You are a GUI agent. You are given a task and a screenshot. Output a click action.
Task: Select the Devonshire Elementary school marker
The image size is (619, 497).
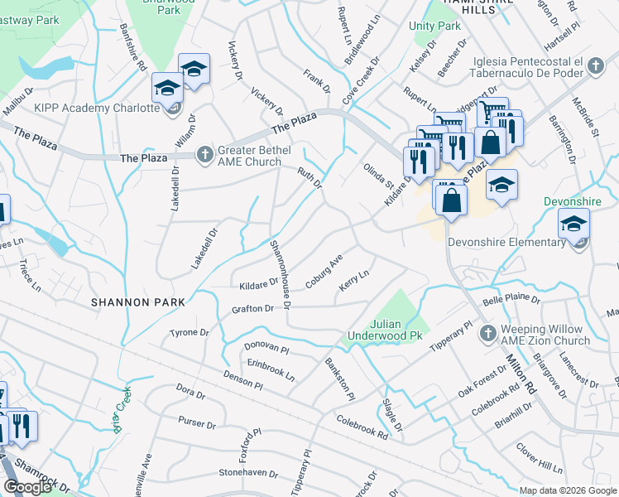(x=573, y=224)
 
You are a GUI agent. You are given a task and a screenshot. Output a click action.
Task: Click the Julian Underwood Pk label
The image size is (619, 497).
(x=386, y=330)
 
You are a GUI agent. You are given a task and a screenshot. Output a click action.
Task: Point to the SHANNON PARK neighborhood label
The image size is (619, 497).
(x=137, y=303)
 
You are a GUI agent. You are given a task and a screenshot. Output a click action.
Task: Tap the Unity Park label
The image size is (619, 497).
(x=434, y=27)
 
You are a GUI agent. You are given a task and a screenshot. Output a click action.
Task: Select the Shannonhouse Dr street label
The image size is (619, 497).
(x=280, y=274)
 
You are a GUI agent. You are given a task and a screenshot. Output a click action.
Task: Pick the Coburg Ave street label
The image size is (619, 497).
(x=324, y=271)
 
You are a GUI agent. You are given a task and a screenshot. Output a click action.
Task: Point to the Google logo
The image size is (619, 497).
(x=27, y=486)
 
